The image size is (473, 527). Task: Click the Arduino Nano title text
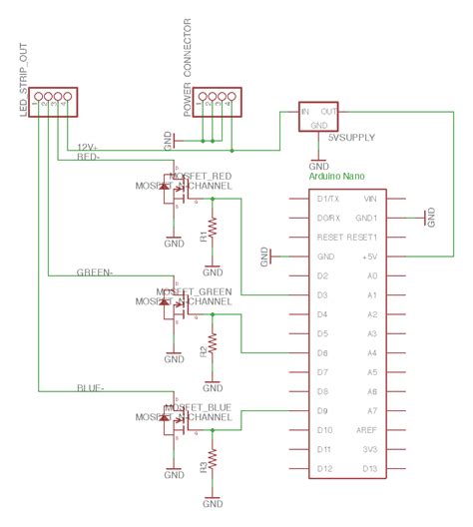coord(337,177)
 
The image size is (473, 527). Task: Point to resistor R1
coord(211,237)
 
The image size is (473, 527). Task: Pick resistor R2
coord(211,350)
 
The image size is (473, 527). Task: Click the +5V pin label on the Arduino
coord(371,257)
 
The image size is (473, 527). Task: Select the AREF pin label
coord(369,430)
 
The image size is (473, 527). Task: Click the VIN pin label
coord(371,199)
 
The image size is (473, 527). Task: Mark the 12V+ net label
coord(87,147)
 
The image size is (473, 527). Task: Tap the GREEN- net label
coord(95,271)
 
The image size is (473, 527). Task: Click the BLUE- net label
coord(91,386)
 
